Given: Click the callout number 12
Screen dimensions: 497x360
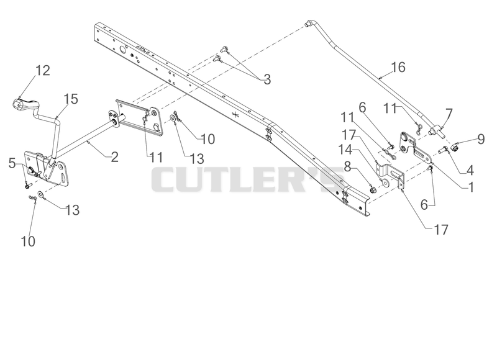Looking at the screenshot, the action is click(x=42, y=71).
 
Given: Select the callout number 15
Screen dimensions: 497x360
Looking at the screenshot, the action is click(x=71, y=99).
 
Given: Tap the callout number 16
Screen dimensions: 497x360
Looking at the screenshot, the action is click(x=398, y=67).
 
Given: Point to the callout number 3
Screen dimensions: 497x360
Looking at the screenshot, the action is click(x=267, y=79).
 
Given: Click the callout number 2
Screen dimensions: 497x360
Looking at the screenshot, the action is click(x=115, y=157).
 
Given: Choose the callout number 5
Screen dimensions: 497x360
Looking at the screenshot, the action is click(x=12, y=163).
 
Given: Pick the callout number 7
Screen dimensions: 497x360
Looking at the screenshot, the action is click(x=449, y=114).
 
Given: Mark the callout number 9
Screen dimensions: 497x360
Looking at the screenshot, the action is click(x=481, y=139).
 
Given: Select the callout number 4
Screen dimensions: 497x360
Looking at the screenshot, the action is click(x=470, y=170).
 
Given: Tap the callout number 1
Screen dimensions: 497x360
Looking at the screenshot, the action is click(x=472, y=187).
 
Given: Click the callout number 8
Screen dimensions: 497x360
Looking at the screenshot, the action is click(x=347, y=166).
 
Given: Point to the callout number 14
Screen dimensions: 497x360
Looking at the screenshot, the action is click(x=345, y=150).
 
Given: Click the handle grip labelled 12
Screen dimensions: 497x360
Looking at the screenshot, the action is click(x=24, y=104).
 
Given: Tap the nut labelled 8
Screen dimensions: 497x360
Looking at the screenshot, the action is click(x=373, y=190).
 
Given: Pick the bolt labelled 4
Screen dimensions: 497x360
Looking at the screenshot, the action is click(x=443, y=149).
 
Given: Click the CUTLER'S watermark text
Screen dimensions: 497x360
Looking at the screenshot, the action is click(x=247, y=179).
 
